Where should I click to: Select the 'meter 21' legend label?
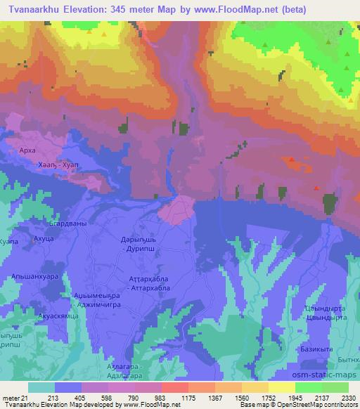click(x=15, y=397)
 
